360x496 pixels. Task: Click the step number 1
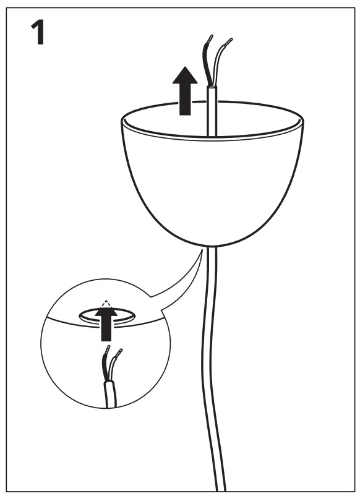[38, 33]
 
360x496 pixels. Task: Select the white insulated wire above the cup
[218, 65]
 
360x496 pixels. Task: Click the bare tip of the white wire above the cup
[229, 43]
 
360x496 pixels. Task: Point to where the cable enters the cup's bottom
[213, 246]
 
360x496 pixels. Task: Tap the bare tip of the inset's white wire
[119, 353]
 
